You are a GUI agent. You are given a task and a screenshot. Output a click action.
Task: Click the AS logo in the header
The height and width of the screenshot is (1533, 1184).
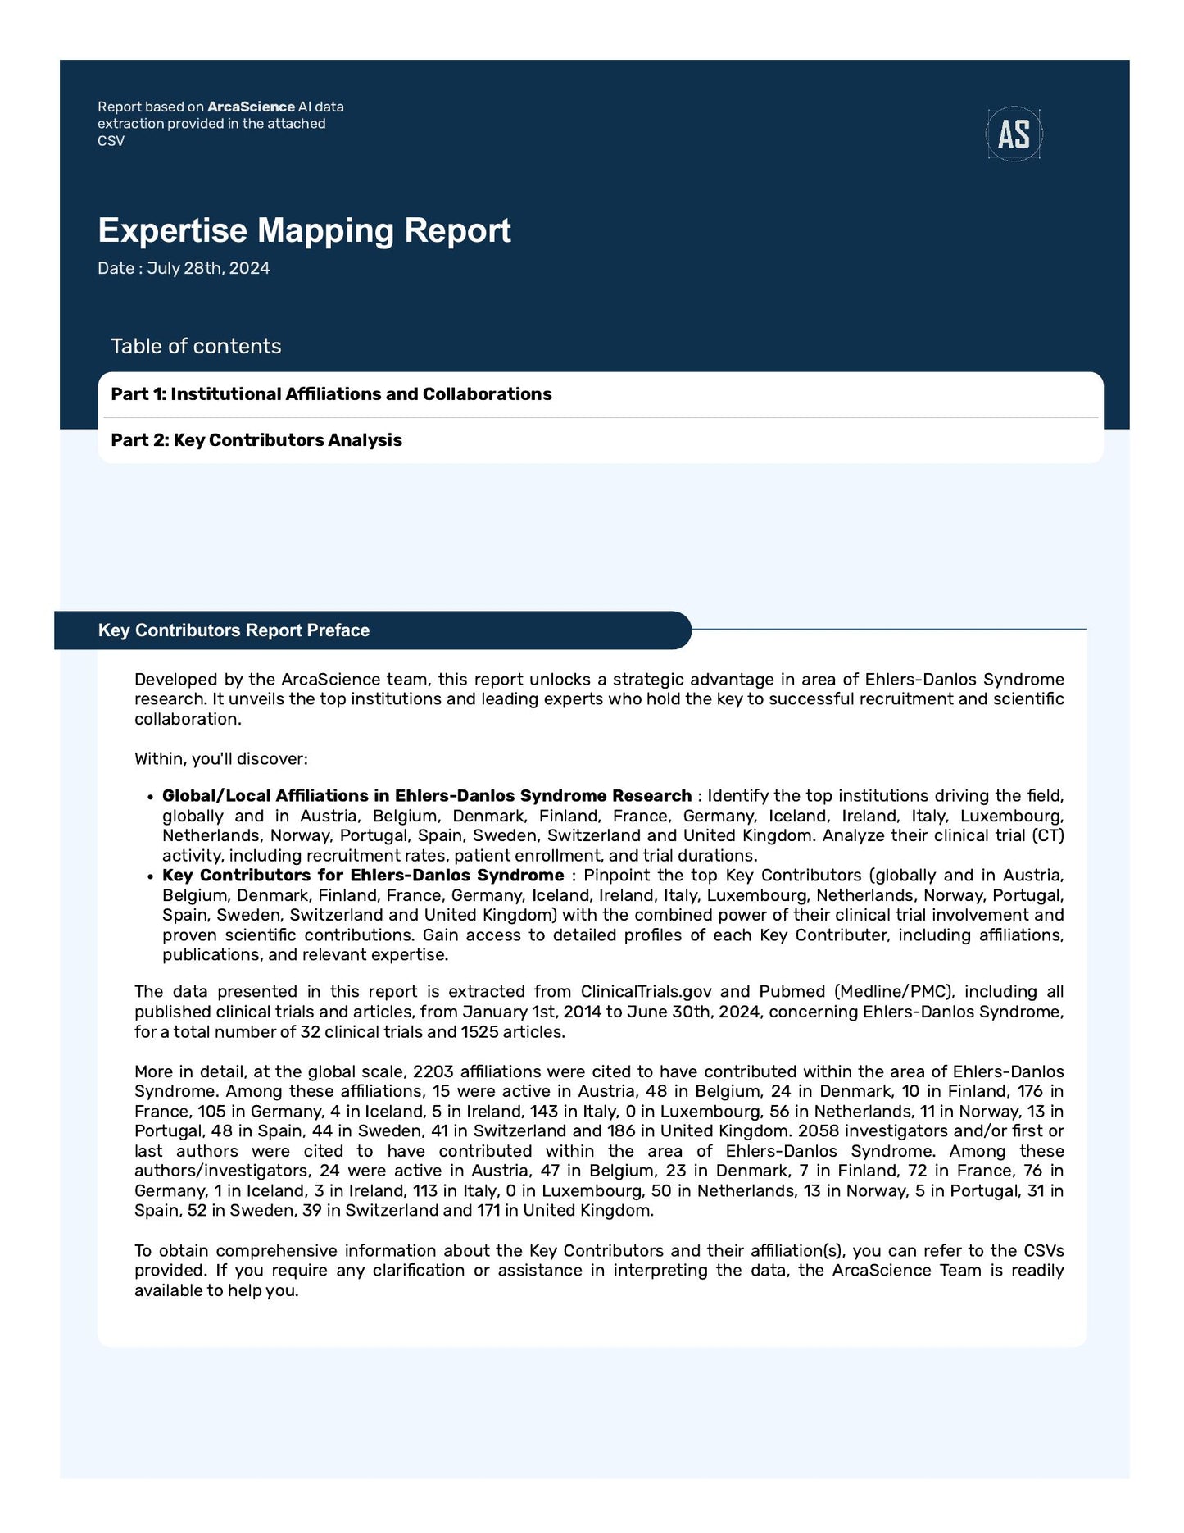coord(1014,134)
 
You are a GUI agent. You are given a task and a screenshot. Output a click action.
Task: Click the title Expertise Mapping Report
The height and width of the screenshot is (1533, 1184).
coord(304,230)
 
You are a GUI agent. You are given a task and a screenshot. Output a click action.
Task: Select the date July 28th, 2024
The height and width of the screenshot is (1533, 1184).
coord(208,269)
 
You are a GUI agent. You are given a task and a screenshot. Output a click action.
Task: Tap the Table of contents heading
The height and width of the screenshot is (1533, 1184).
coord(196,346)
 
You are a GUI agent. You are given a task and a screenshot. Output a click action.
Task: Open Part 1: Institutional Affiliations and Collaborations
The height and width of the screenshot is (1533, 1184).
coord(331,394)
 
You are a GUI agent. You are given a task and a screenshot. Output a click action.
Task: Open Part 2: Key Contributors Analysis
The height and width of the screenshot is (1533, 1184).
coord(256,440)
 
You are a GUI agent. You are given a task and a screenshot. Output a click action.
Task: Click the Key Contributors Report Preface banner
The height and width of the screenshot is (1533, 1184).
coord(234,630)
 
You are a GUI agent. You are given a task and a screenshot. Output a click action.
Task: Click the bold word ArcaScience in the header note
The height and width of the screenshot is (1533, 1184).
coord(251,107)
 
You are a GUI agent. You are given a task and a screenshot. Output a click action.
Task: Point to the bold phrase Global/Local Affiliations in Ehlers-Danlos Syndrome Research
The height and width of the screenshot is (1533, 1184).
coord(426,796)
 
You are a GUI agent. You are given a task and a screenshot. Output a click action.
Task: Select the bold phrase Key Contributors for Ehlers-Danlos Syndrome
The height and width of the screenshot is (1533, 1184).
coord(363,876)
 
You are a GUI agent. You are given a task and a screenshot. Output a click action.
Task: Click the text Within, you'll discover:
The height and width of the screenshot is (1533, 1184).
coord(221,759)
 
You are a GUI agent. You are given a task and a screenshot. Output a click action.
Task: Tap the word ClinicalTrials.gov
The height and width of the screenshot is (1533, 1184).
coord(646,992)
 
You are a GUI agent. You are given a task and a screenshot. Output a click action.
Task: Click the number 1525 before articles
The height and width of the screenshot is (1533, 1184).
coord(479,1032)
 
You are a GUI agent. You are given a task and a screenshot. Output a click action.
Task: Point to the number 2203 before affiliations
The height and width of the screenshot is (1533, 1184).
coord(433,1071)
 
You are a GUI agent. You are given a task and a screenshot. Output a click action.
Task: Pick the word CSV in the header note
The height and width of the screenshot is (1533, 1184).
coord(111,141)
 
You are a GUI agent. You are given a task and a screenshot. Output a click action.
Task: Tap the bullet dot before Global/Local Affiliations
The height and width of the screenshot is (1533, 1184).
coord(150,797)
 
